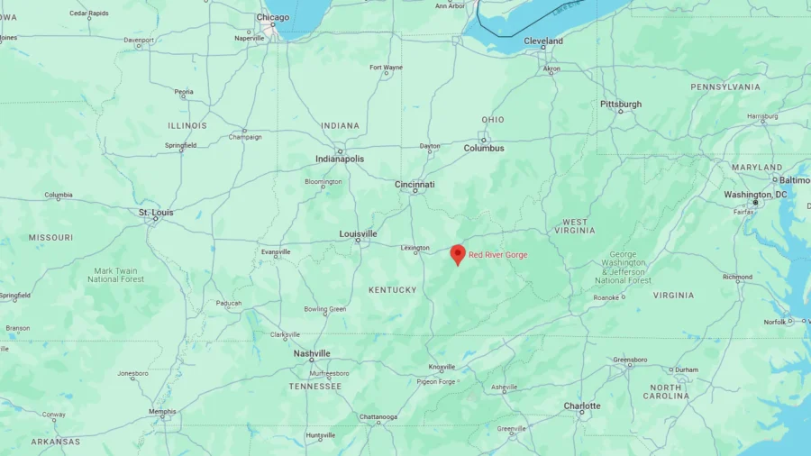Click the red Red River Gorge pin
pos(458,254)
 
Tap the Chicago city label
pos(273,17)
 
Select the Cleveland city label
pos(543,41)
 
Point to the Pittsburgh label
pos(621,105)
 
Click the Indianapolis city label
pos(340,159)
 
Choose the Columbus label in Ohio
pos(484,148)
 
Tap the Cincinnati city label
pos(415,185)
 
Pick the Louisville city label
pos(358,234)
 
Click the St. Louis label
pos(156,213)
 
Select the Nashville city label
pos(312,354)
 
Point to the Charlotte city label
pos(582,406)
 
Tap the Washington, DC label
pos(755,195)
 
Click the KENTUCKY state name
pos(393,290)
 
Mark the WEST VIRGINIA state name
pos(575,226)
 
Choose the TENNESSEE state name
pos(315,387)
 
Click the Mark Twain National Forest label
pos(116,275)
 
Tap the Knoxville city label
pos(442,367)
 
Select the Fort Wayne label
pos(386,68)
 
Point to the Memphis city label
pos(162,412)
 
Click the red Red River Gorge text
pos(498,255)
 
